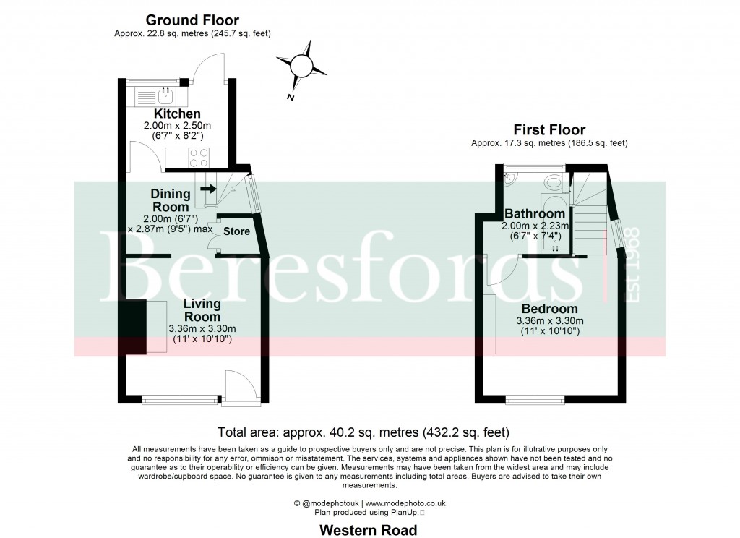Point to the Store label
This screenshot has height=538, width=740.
click(236, 232)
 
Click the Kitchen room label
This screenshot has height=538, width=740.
click(177, 114)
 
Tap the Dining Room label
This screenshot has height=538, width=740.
click(171, 200)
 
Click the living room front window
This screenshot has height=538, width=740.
click(181, 397)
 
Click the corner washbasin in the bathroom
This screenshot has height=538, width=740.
click(509, 178)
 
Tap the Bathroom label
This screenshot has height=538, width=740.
click(534, 214)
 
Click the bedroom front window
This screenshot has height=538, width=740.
click(535, 397)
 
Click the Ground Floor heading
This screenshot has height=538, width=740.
click(192, 20)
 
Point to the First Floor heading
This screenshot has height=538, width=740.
click(549, 130)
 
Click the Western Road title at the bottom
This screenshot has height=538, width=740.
click(369, 530)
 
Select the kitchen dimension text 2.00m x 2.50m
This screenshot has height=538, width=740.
click(177, 126)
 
